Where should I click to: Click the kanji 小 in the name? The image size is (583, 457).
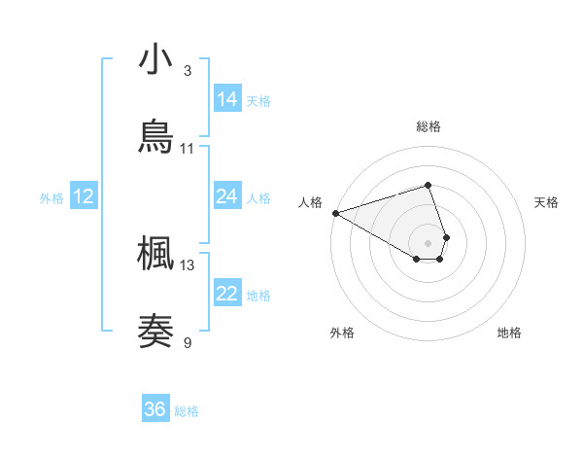point(156,60)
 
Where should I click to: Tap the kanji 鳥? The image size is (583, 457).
point(156,136)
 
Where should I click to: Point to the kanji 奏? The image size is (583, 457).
point(156,331)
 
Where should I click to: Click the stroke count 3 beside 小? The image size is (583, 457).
point(188,71)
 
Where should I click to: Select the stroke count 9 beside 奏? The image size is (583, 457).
point(188,341)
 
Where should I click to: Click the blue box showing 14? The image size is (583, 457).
point(227,99)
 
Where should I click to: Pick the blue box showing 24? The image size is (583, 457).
point(227,196)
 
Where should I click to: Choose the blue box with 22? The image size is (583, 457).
point(227,294)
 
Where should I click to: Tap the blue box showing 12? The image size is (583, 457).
point(84,196)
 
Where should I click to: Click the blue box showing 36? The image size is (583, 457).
point(155,409)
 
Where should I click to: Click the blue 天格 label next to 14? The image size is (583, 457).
point(258,101)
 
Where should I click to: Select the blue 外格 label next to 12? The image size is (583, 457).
point(51,198)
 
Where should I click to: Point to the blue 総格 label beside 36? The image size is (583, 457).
point(187,411)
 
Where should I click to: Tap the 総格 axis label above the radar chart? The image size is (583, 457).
point(429,126)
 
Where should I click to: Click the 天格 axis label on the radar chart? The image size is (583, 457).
point(547,202)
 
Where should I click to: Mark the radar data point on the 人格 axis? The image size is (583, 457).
point(335,212)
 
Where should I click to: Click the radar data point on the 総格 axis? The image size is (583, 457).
point(429,185)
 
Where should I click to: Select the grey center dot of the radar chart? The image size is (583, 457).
point(429,241)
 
